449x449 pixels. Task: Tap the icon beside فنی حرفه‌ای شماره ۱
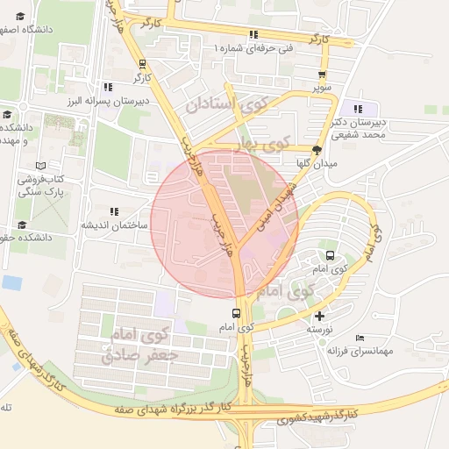[253, 35]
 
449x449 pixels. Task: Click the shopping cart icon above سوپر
[324, 75]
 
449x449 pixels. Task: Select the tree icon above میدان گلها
[317, 149]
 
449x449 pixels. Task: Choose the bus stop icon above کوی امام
[235, 313]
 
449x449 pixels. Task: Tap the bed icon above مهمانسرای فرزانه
[360, 338]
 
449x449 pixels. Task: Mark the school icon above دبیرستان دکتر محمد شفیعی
[357, 109]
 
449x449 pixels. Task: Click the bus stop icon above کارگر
[142, 63]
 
